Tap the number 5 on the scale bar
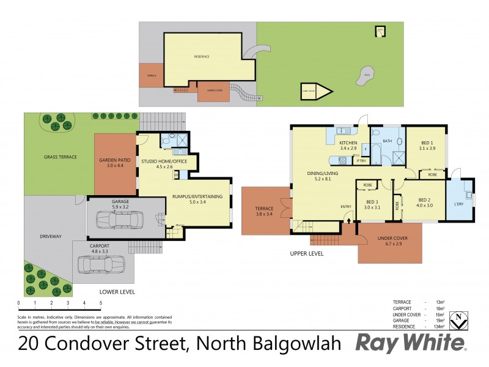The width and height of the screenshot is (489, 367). pos(101,303)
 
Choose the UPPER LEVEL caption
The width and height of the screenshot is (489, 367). pos(308,254)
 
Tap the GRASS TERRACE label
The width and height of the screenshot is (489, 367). pos(61,157)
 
